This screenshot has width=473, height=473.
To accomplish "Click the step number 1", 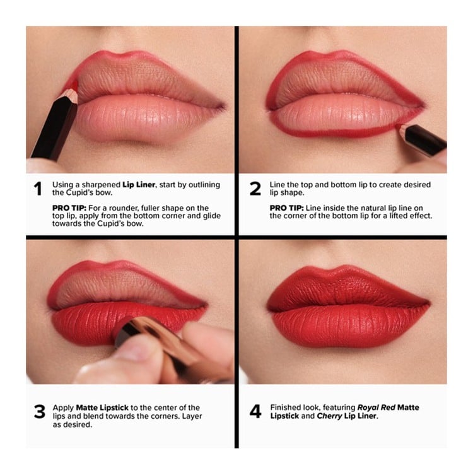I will point(38,189).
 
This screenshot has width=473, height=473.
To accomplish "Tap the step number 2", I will point(255,189).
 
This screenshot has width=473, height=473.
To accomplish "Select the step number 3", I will point(38,412).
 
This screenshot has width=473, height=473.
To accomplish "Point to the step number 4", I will point(255,412).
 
